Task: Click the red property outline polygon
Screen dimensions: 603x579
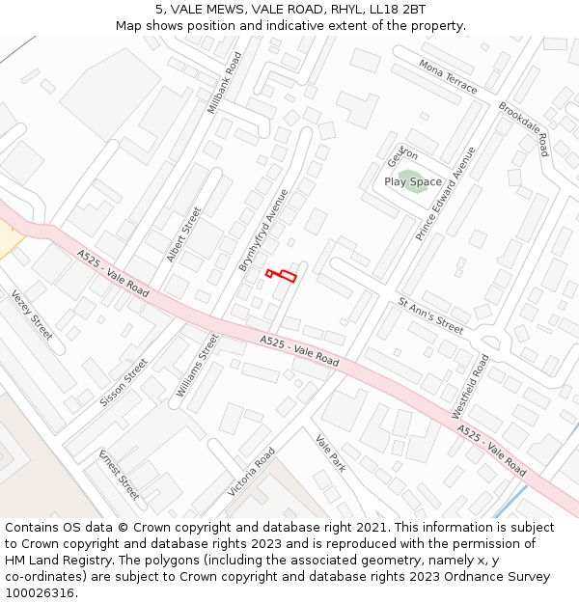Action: [282, 276]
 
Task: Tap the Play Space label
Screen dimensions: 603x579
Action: [413, 181]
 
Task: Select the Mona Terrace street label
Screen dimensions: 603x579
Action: [448, 76]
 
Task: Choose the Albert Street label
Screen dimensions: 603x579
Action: [183, 233]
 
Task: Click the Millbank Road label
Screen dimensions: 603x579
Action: [224, 83]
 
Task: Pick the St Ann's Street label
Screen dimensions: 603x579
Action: [430, 315]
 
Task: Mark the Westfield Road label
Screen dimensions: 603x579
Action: [470, 386]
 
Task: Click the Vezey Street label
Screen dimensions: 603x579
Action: [32, 315]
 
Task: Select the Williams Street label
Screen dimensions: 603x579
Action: [198, 366]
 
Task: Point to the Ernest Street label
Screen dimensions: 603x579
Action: [119, 474]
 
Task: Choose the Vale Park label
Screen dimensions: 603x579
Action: [330, 452]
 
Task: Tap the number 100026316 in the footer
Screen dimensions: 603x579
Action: [41, 593]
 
